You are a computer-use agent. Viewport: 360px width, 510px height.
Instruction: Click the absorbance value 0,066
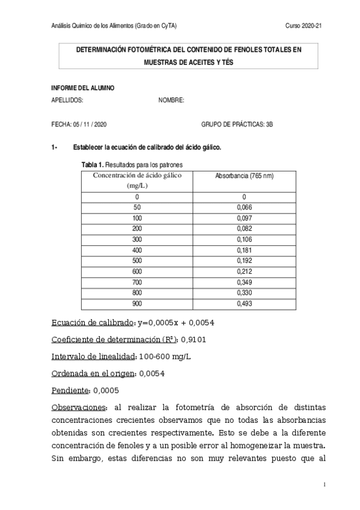(x=244, y=207)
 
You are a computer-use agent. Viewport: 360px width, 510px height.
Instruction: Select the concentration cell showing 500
(x=137, y=260)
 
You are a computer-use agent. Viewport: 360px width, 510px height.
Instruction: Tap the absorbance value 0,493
(x=244, y=304)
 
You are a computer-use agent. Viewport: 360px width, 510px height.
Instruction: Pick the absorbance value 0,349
(x=244, y=282)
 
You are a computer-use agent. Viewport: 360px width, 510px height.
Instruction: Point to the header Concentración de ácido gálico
(x=137, y=175)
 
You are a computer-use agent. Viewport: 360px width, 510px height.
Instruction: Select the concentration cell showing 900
(x=137, y=304)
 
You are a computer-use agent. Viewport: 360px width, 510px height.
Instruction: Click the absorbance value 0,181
(x=244, y=250)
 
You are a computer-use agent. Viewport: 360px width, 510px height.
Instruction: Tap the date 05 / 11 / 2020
(x=90, y=124)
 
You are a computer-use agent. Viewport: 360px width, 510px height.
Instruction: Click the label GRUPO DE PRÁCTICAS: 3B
(x=237, y=124)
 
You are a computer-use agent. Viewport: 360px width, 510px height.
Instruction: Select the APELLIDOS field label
(x=68, y=100)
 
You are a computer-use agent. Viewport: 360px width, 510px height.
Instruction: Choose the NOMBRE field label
(x=171, y=100)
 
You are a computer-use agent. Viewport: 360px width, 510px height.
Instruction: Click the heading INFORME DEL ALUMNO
(x=83, y=88)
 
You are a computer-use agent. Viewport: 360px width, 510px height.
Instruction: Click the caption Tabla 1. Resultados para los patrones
(x=132, y=164)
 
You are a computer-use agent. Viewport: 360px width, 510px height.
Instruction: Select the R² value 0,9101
(x=193, y=339)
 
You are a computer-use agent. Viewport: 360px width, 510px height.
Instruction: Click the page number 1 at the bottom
(x=324, y=485)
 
